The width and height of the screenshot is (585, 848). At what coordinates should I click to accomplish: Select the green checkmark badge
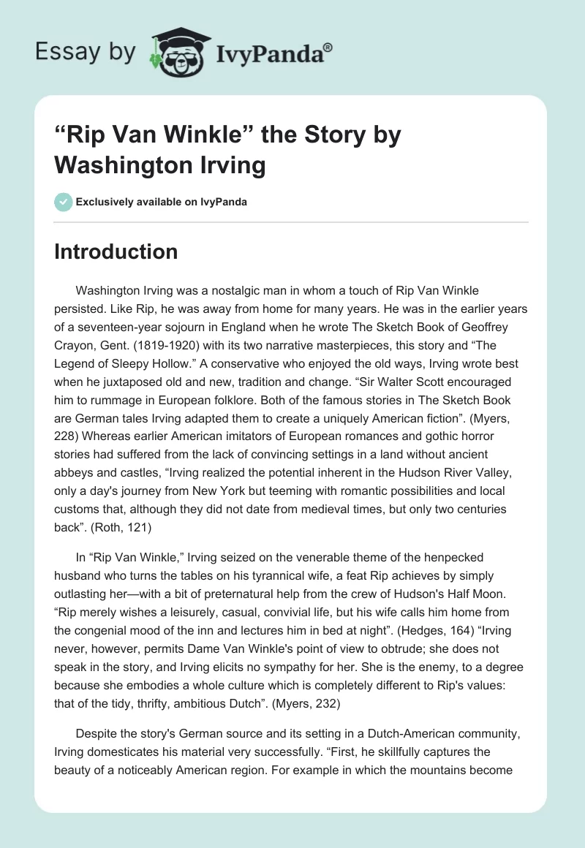click(63, 202)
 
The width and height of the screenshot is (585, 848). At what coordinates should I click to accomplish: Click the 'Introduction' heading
click(116, 251)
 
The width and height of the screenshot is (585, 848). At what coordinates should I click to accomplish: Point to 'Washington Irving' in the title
click(159, 165)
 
